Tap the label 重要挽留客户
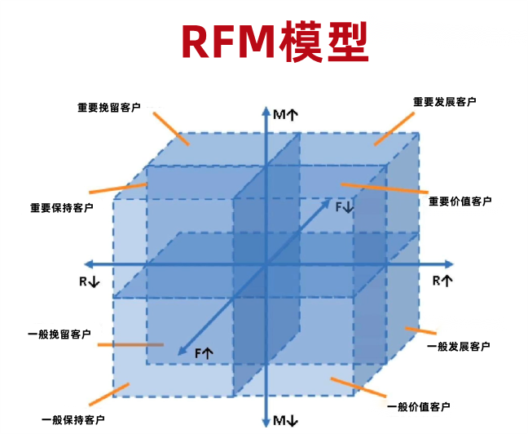pyautogui.click(x=109, y=107)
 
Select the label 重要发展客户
pyautogui.click(x=444, y=102)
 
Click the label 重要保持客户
pyautogui.click(x=61, y=207)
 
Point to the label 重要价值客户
pyautogui.click(x=460, y=201)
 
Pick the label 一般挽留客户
pyautogui.click(x=59, y=334)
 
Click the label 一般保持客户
pyautogui.click(x=73, y=419)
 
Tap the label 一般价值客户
pyautogui.click(x=417, y=406)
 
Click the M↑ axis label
pyautogui.click(x=285, y=115)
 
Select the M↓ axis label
pyautogui.click(x=285, y=421)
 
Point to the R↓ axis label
pyautogui.click(x=89, y=281)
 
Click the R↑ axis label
pyautogui.click(x=442, y=281)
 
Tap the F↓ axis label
pyautogui.click(x=345, y=207)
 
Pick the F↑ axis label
pyautogui.click(x=204, y=352)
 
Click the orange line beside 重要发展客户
pyautogui.click(x=394, y=128)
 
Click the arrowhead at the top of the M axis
pyautogui.click(x=266, y=109)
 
